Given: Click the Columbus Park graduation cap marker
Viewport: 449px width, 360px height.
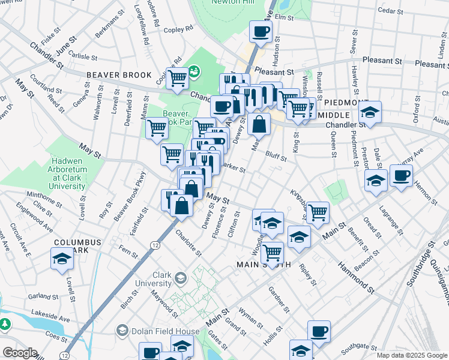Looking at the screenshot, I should [x=62, y=259].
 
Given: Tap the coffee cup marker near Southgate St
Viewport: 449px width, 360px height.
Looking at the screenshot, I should [x=319, y=331].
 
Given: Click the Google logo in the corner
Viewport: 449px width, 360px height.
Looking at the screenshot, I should [x=20, y=353].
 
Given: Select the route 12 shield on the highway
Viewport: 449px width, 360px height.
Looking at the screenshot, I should [x=155, y=245].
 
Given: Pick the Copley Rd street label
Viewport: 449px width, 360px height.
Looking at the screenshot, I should [x=178, y=28].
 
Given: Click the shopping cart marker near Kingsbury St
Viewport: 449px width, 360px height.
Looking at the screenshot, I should [x=318, y=211].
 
